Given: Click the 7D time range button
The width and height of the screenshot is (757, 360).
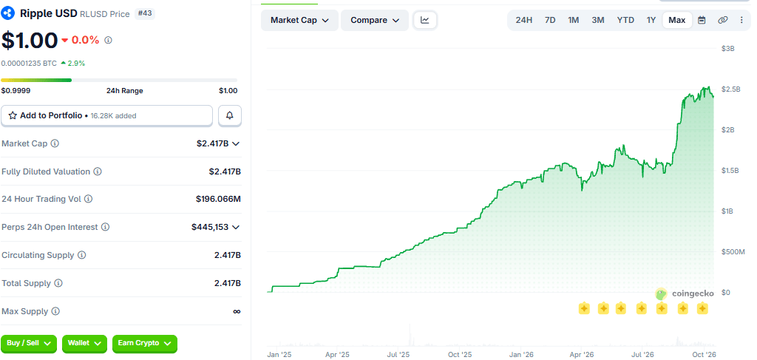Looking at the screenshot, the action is (x=550, y=20).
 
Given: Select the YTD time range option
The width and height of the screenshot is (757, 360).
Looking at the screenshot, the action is (x=625, y=20).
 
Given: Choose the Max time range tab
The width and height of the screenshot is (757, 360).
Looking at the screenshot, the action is (x=677, y=20).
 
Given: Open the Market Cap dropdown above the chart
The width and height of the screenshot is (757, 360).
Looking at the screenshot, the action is (x=300, y=20).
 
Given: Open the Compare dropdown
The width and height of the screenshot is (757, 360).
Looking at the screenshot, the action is (x=375, y=20).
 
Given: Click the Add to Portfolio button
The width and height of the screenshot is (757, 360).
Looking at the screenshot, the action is (x=106, y=116).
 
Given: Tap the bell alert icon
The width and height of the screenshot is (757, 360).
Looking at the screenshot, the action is (x=230, y=116).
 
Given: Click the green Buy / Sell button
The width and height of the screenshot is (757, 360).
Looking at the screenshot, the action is (x=29, y=343).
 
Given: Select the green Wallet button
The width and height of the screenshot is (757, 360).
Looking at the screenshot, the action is (x=84, y=343).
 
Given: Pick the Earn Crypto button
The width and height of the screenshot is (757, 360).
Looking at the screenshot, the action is (x=145, y=343).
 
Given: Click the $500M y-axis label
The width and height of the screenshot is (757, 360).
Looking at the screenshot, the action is (x=733, y=252).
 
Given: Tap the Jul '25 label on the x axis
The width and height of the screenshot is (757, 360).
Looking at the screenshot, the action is (x=398, y=355).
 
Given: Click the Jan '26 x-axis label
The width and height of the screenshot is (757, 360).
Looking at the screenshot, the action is (x=522, y=355).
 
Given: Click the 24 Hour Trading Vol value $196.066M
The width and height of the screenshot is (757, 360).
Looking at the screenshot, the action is (x=218, y=199).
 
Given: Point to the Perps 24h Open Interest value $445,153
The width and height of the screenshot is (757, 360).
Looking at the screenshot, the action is (x=210, y=227).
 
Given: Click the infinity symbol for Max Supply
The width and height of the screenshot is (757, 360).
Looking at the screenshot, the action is (x=237, y=312).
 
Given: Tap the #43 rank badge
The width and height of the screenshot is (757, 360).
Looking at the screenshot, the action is (x=145, y=13).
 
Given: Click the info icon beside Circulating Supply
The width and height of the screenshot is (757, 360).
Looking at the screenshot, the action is (x=82, y=255).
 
